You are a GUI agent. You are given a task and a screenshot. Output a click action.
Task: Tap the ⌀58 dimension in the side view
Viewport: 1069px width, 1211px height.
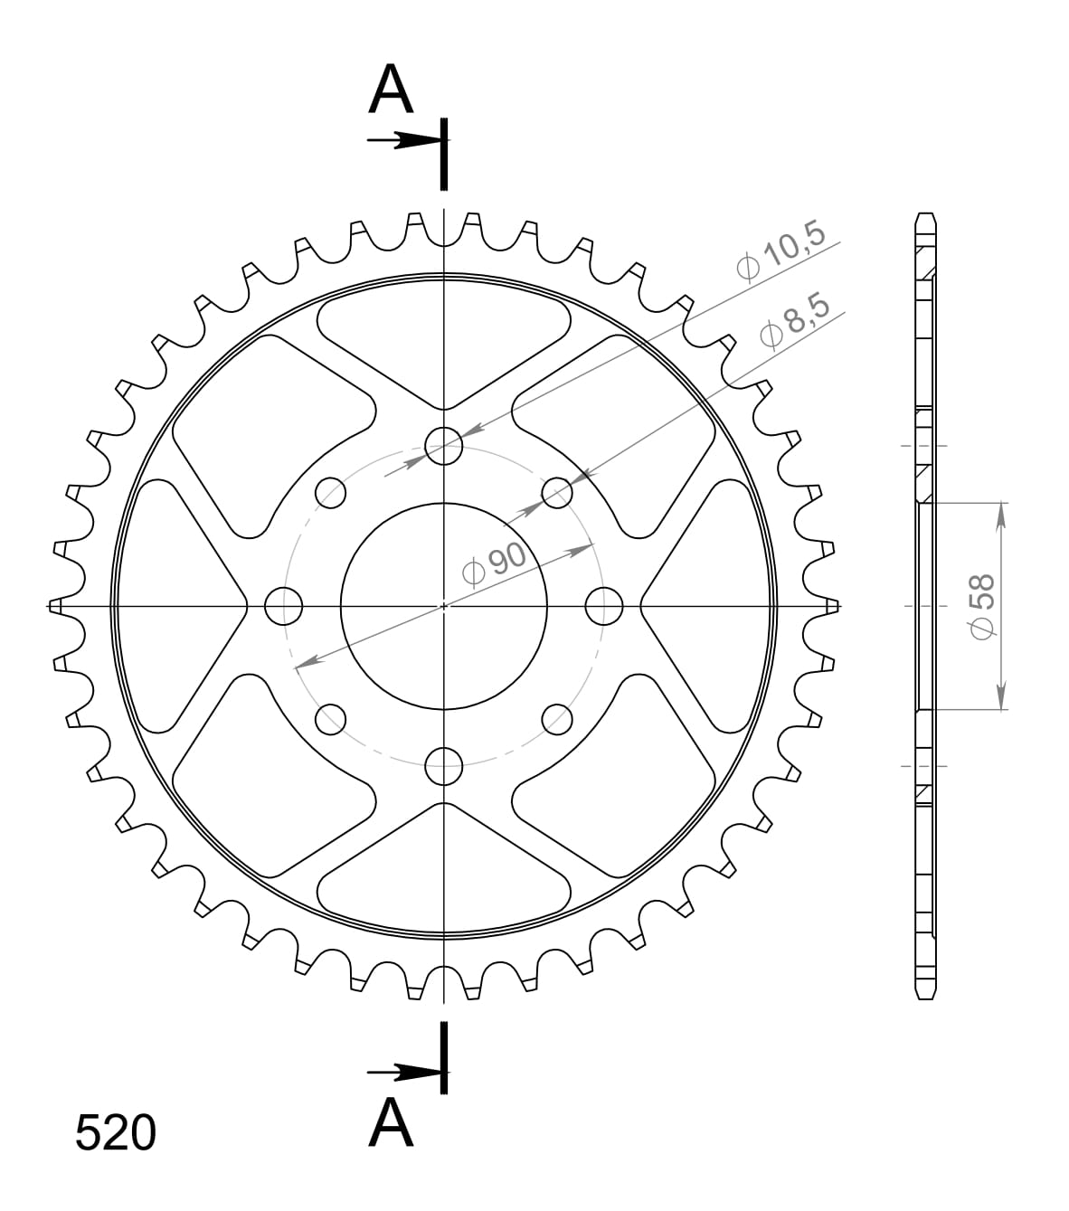(x=982, y=605)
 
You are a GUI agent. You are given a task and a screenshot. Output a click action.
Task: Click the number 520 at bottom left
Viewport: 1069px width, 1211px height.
(x=116, y=1133)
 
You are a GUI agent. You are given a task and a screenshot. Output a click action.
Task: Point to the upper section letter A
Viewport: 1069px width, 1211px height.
(x=391, y=91)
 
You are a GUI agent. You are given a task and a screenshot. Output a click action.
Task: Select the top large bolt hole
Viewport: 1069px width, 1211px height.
(x=443, y=445)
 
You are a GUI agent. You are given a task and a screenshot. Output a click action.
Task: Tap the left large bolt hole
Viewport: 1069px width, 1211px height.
(x=283, y=605)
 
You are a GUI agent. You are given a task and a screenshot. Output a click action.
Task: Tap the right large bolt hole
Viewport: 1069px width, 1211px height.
(x=603, y=605)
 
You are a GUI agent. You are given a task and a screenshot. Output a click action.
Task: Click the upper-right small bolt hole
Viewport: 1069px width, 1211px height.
(x=557, y=492)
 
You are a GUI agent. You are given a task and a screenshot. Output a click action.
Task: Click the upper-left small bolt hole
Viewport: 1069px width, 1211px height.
(x=330, y=492)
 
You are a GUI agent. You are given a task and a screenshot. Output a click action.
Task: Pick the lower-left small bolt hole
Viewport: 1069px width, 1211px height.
(x=330, y=719)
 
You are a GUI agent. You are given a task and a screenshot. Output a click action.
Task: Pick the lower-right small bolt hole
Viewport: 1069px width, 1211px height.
(x=557, y=719)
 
